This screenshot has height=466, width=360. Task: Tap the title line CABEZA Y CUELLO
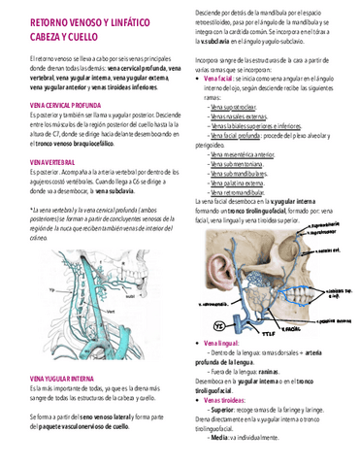tap(58, 35)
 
